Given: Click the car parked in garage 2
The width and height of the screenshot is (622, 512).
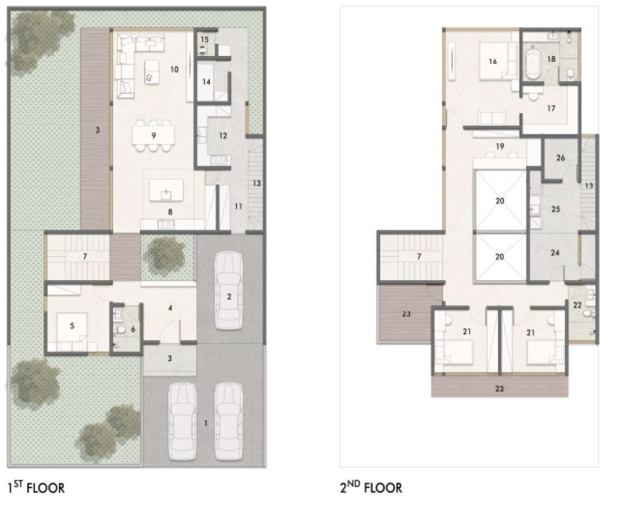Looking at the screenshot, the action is click(228, 291).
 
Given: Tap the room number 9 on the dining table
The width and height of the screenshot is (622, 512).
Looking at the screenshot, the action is click(154, 136).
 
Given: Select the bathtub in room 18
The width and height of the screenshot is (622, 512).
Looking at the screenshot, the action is click(533, 62).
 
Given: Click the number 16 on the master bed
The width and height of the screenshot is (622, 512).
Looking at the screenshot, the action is click(492, 61).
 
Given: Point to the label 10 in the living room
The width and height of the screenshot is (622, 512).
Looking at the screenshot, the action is click(174, 70).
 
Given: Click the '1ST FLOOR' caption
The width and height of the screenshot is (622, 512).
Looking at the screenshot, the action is click(36, 487).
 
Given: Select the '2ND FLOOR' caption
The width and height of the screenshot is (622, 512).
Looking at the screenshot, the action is click(371, 487).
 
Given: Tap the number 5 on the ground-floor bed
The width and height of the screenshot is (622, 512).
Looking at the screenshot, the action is click(72, 326).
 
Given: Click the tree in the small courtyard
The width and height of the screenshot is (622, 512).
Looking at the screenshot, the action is click(165, 255).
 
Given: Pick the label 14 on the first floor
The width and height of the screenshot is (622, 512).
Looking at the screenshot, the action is click(206, 82).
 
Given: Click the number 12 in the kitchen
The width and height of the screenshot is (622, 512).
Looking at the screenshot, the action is click(223, 136).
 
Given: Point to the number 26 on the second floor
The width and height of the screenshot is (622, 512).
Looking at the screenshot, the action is click(561, 158).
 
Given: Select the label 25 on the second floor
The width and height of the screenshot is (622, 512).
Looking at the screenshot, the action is click(555, 209).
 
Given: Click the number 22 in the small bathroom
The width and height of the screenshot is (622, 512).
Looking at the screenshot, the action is click(577, 305).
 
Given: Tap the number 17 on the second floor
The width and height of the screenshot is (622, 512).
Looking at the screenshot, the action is click(551, 108).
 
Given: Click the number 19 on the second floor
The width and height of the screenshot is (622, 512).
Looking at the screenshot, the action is click(500, 146).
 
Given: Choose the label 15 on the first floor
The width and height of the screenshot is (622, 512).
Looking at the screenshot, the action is click(204, 40).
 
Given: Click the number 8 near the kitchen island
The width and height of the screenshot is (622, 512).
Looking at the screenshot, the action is click(170, 212).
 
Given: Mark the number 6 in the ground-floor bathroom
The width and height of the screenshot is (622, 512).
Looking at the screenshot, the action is click(133, 329).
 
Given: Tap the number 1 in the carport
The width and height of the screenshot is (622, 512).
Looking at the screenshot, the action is click(206, 424).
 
